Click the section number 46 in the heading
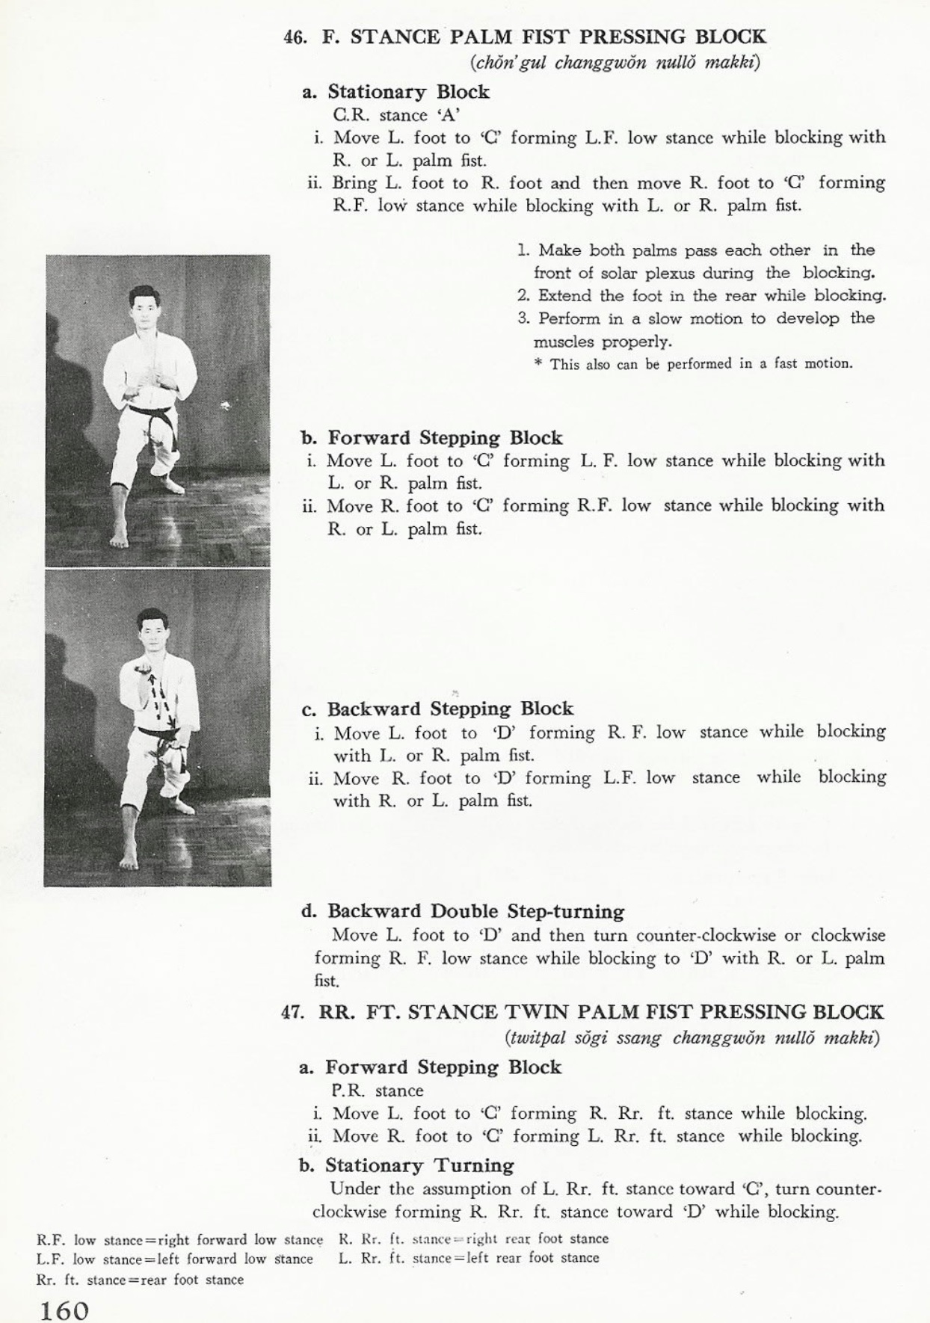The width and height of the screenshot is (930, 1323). (295, 38)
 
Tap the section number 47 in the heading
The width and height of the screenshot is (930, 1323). (292, 1013)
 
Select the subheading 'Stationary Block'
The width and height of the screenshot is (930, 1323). (408, 92)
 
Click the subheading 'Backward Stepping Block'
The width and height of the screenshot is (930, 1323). (450, 709)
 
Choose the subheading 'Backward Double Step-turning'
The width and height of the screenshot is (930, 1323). (475, 911)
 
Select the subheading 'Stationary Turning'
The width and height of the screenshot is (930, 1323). (419, 1165)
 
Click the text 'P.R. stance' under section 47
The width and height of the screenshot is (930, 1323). (378, 1091)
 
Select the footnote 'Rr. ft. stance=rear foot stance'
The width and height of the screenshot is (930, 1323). (140, 1280)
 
